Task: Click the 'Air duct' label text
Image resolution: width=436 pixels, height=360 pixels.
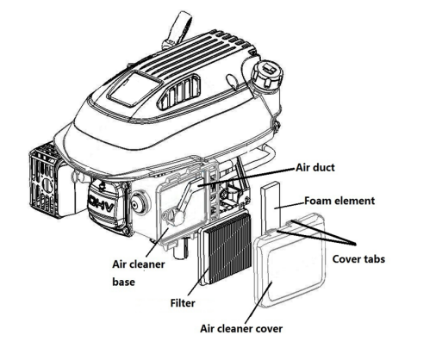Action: [315, 167]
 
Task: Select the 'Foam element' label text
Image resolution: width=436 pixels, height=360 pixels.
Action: [339, 201]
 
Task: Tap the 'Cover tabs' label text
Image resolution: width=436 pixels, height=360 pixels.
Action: [358, 259]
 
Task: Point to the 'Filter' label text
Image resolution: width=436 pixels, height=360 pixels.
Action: [183, 303]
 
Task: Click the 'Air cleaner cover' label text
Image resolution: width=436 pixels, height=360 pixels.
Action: [241, 328]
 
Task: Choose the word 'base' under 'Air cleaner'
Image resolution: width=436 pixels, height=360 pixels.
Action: [123, 282]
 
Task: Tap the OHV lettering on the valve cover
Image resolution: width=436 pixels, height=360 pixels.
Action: [102, 204]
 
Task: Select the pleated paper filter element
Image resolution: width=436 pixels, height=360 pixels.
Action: [225, 248]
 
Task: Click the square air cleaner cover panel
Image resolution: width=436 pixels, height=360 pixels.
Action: [290, 261]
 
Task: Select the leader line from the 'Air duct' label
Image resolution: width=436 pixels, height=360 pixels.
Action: [247, 177]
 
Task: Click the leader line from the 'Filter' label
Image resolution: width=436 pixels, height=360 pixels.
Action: [199, 281]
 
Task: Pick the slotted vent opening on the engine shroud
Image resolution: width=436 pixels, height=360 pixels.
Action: [178, 92]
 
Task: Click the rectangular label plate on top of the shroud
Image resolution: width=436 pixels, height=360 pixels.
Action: [135, 88]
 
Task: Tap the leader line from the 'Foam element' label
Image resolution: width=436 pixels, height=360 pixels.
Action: [290, 205]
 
